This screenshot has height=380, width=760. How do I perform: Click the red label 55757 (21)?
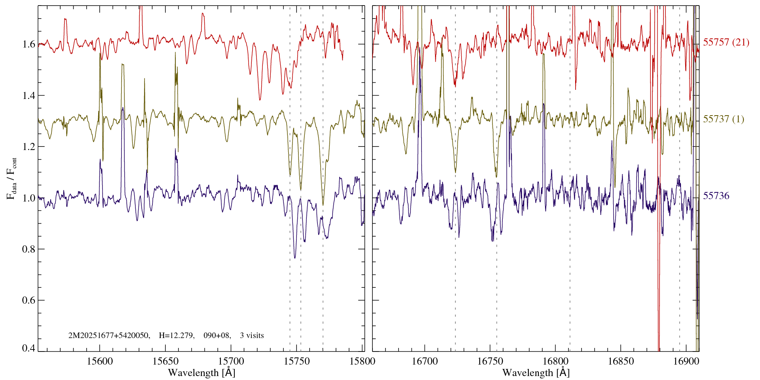click(x=726, y=42)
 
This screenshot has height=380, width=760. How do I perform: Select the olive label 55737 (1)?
click(x=724, y=119)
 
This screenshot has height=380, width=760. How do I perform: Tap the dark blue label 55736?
click(x=716, y=196)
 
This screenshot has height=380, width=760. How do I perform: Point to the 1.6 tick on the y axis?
click(x=29, y=44)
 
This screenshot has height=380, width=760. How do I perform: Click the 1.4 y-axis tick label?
click(x=29, y=95)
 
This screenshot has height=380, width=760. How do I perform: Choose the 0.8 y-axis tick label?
click(x=29, y=249)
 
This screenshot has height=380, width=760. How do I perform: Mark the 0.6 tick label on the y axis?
click(x=29, y=300)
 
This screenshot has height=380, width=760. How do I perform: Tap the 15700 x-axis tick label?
click(x=231, y=361)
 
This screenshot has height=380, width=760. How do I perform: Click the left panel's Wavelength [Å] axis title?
click(x=201, y=372)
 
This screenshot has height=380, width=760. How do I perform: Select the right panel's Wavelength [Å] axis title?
click(x=536, y=372)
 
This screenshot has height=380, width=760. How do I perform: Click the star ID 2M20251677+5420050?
click(x=109, y=336)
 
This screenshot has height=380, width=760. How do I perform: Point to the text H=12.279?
click(x=176, y=336)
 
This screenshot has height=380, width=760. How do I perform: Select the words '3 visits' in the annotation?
click(x=252, y=336)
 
